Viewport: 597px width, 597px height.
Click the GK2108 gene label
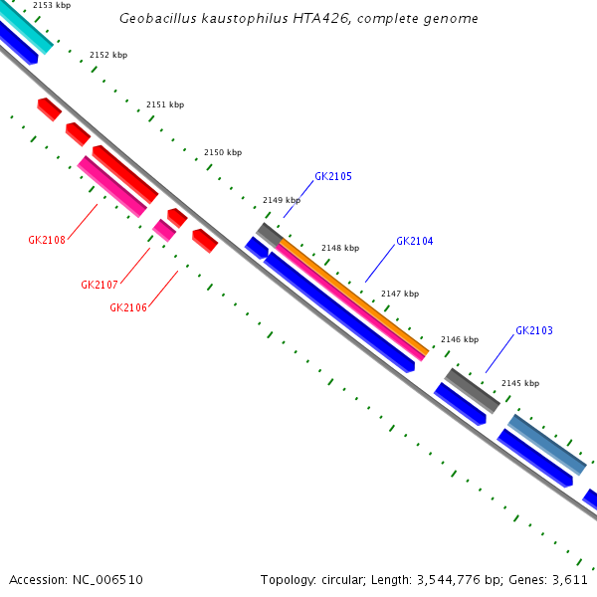pos(47,240)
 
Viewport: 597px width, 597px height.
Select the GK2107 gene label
pos(99,285)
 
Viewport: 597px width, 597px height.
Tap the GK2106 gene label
pos(128,307)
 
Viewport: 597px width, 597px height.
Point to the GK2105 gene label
pos(333,176)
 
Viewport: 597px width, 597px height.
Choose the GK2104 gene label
pos(415,241)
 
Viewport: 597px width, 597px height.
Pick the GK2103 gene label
pos(534,330)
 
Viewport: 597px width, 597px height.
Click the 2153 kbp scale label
pos(52,6)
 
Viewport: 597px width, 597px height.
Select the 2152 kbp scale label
pos(108,56)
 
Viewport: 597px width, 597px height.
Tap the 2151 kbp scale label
pos(165,104)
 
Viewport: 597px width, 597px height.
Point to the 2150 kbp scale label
pos(223,153)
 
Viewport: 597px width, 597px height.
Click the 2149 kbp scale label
pos(282,200)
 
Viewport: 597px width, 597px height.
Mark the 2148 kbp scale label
pos(340,248)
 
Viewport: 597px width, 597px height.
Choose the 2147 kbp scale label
pos(400,294)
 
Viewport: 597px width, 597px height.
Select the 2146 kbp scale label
pos(460,339)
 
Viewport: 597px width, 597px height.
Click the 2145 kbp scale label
pos(520,383)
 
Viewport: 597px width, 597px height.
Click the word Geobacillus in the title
pos(155,19)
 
